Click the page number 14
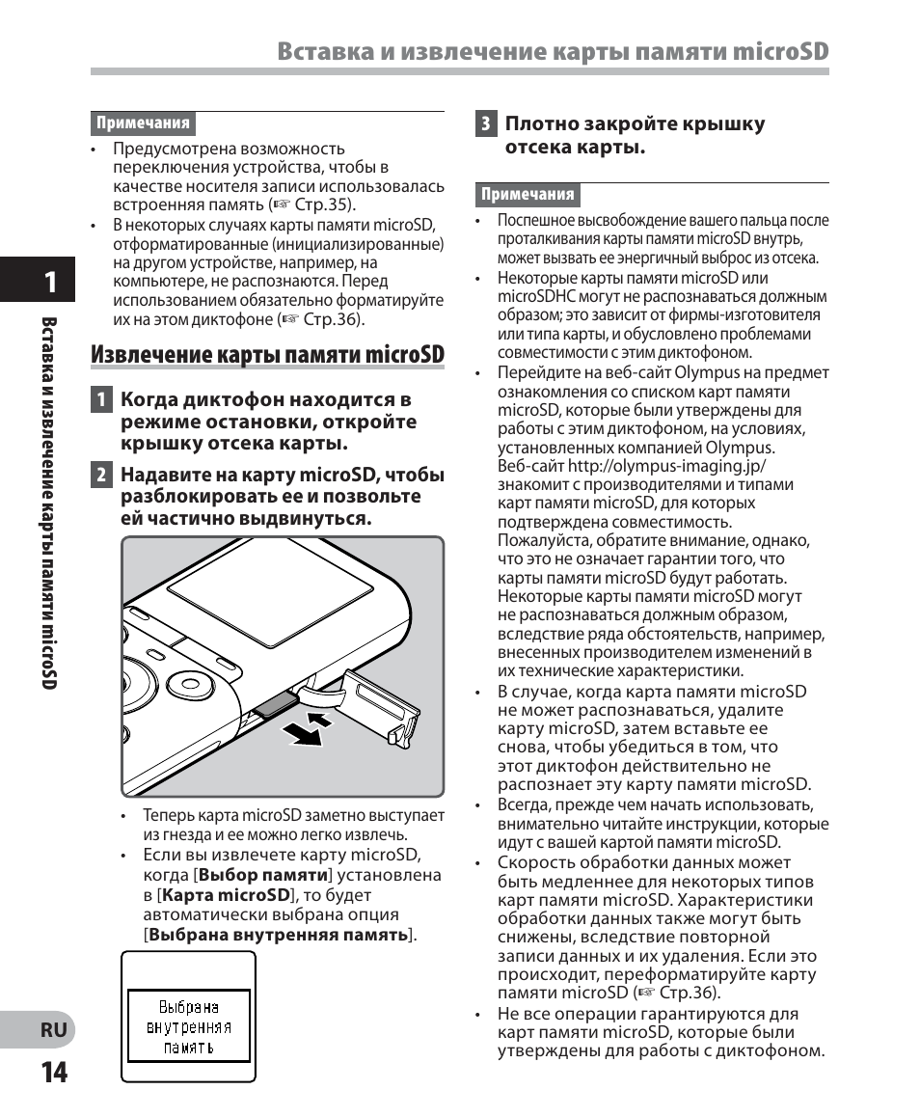tap(54, 1072)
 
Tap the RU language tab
tap(54, 1029)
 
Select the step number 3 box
tap(486, 123)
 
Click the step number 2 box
tap(100, 475)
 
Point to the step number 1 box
tap(100, 399)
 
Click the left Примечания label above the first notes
tap(143, 123)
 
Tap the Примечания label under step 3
tap(528, 194)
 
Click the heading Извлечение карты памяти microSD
tap(268, 355)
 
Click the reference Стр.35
tap(329, 204)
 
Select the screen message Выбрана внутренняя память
tap(189, 1026)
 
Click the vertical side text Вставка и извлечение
tap(50, 434)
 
